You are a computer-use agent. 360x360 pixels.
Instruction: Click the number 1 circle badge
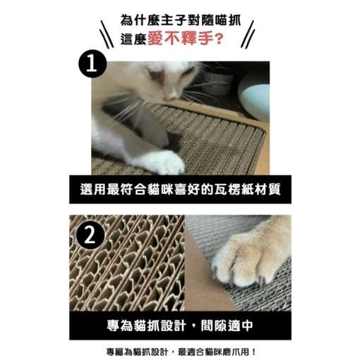point(92,67)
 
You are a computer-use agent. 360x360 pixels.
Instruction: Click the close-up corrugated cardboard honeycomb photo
point(127,265)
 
